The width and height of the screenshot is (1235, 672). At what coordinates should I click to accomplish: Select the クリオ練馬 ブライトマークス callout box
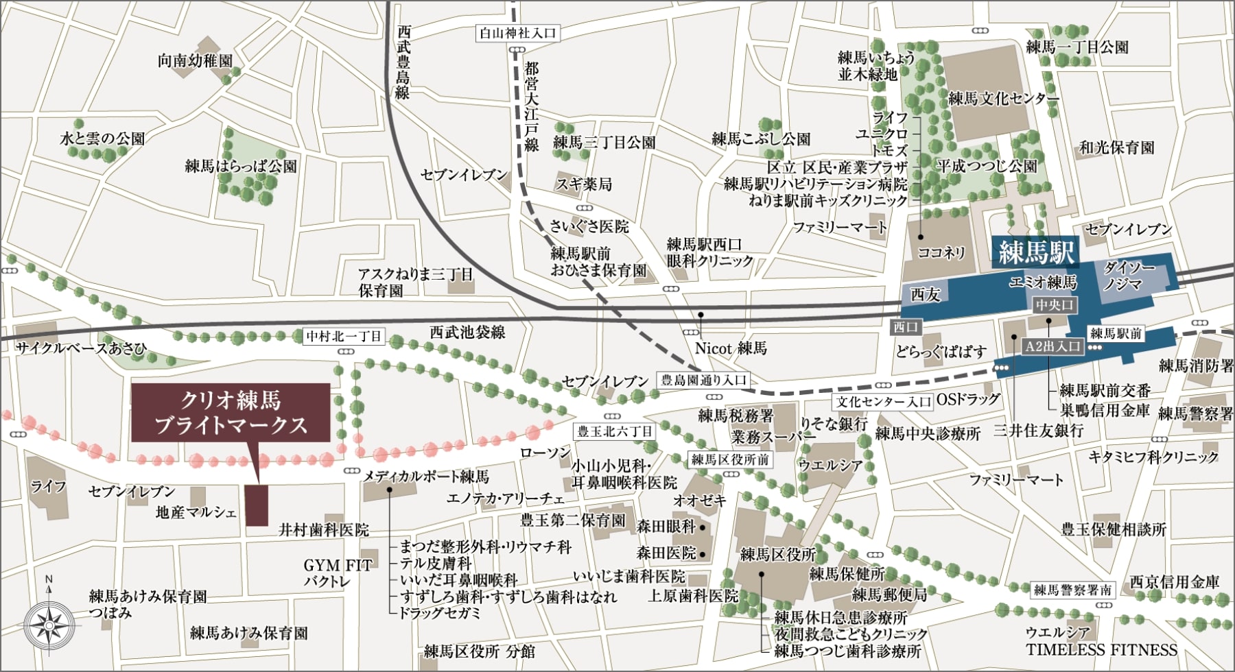click(x=231, y=413)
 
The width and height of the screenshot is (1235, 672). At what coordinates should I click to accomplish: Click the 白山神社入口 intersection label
click(x=519, y=33)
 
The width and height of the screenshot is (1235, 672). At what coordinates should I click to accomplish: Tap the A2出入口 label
click(x=1052, y=347)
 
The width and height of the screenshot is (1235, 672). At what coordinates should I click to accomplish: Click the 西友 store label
click(x=925, y=294)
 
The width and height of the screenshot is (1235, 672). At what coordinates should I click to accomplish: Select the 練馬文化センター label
click(x=1003, y=99)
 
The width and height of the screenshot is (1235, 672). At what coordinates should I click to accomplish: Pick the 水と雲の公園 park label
click(x=103, y=139)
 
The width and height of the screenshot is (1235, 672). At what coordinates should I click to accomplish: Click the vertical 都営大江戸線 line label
click(x=532, y=106)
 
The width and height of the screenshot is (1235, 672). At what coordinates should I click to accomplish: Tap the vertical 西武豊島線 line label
click(x=403, y=63)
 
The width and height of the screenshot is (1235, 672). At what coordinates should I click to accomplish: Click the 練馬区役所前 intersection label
click(x=730, y=459)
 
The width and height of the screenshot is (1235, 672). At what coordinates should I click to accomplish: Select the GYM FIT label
click(x=338, y=566)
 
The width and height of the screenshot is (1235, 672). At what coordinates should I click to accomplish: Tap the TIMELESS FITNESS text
click(x=1101, y=650)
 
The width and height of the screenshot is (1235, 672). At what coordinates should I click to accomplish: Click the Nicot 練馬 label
click(x=730, y=348)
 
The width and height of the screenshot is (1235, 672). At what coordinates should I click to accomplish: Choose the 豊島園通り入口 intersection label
click(x=703, y=380)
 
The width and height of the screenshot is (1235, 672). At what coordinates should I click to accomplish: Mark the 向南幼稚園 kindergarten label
click(x=195, y=61)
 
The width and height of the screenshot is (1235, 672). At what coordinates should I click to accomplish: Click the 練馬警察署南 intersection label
click(x=1073, y=589)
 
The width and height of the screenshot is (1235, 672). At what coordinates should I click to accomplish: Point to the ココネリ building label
click(x=941, y=252)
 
